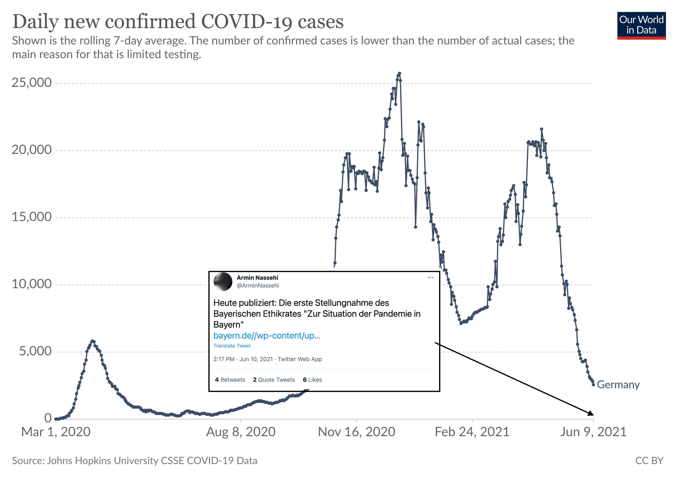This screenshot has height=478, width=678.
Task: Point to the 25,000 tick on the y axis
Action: click(32, 83)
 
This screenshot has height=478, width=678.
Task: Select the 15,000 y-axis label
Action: click(32, 217)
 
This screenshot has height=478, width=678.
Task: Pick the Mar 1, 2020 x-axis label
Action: click(56, 432)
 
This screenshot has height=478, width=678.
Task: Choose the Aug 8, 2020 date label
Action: click(241, 432)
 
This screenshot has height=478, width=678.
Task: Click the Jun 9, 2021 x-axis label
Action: click(593, 432)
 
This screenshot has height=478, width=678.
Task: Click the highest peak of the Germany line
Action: click(400, 73)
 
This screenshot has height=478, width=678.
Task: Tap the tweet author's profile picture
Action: click(223, 282)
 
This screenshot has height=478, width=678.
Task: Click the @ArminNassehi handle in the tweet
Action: click(258, 285)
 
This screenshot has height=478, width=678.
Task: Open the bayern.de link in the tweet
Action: click(266, 336)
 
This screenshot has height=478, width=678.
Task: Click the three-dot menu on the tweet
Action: click(430, 277)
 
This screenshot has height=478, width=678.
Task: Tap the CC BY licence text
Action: click(649, 461)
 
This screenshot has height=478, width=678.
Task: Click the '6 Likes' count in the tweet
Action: click(312, 380)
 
